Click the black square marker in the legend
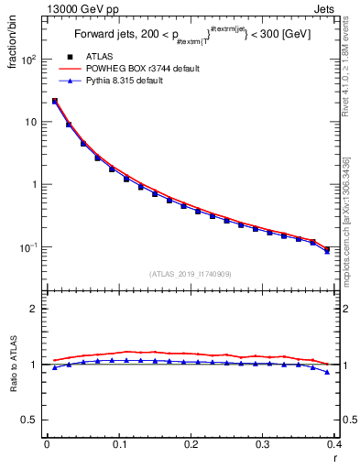69,56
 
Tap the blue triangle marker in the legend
69,81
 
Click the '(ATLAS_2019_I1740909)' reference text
191,273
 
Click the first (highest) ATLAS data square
55,102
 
